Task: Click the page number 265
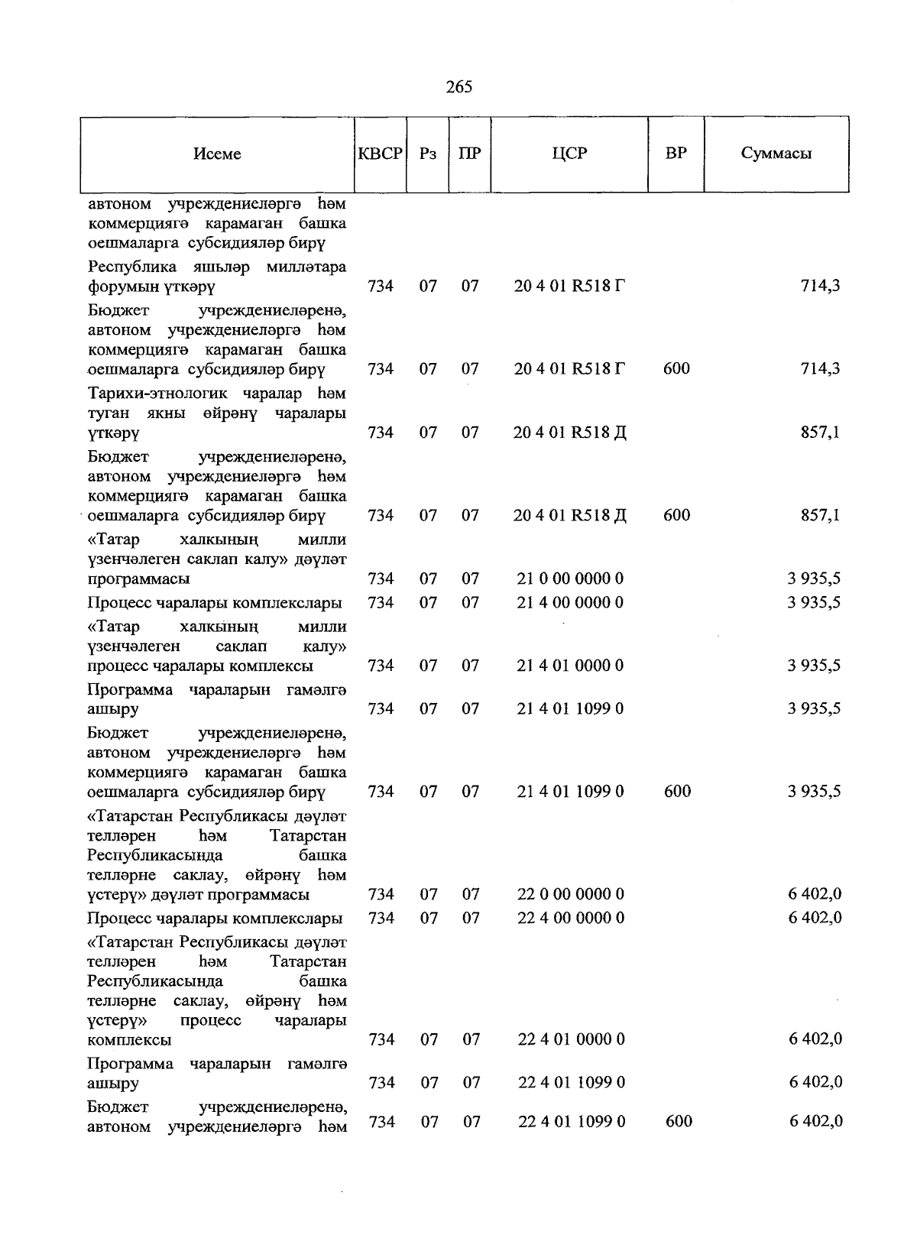coord(458,87)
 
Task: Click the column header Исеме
coord(217,154)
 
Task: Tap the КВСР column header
coord(381,154)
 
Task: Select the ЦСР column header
coord(569,153)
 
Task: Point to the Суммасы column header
coord(776,153)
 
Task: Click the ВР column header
coord(676,153)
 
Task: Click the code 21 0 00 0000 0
coord(570,578)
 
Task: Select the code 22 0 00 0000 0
coord(570,894)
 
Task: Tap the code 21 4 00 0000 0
coord(570,603)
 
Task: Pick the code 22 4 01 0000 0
coord(571,1039)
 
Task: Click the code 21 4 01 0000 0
coord(570,666)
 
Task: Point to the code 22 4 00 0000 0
coord(570,918)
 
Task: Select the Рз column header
coord(428,154)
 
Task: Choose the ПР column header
coord(470,154)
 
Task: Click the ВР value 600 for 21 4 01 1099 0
coord(677,792)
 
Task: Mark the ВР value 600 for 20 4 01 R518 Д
coord(676,515)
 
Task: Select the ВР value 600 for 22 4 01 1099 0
coord(679,1121)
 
